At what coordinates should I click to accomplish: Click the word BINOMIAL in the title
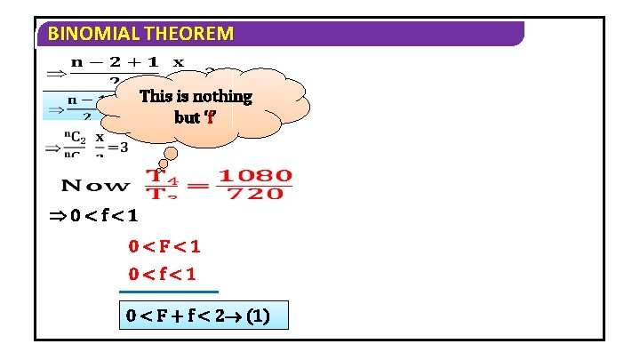tap(85, 35)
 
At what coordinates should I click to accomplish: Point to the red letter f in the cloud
tap(210, 116)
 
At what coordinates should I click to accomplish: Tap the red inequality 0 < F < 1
tap(164, 246)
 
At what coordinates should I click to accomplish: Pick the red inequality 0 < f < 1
tap(164, 273)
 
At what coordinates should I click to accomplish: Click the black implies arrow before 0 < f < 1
tap(55, 215)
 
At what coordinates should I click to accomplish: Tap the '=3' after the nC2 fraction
tap(119, 146)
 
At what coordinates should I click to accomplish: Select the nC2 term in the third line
tap(75, 138)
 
